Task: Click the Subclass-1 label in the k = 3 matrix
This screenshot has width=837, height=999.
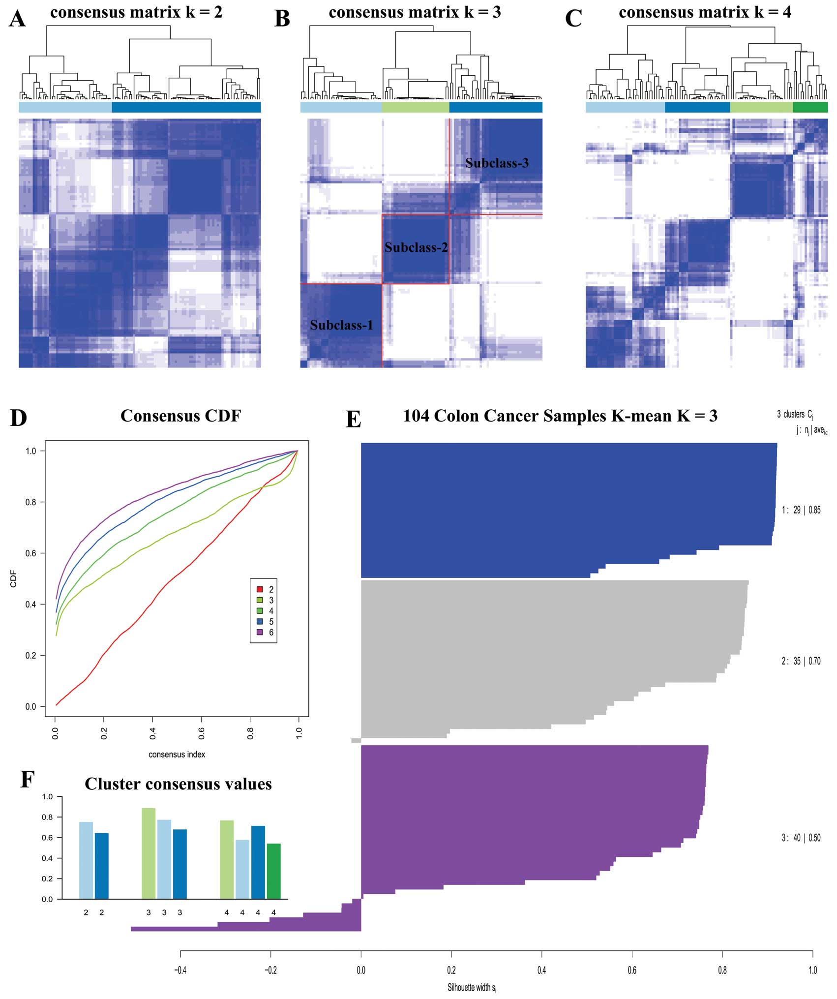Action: click(341, 325)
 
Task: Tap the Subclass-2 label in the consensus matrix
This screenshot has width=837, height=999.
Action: click(416, 247)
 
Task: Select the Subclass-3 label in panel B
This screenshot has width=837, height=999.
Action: click(497, 163)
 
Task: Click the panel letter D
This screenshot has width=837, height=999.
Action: click(18, 418)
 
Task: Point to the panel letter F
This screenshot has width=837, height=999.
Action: click(27, 780)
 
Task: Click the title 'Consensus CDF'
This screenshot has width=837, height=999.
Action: click(180, 416)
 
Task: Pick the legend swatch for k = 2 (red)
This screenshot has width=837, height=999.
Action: click(260, 589)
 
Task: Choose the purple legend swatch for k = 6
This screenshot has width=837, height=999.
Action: click(260, 632)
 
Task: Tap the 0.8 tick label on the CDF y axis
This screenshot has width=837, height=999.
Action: click(30, 502)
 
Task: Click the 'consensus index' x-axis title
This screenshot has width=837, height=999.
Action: click(177, 755)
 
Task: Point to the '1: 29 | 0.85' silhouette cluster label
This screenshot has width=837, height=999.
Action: click(801, 510)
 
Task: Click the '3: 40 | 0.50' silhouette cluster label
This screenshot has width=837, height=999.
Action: click(801, 838)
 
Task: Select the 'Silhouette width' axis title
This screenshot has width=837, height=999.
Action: click(472, 987)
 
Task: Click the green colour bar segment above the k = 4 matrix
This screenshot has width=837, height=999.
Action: click(810, 107)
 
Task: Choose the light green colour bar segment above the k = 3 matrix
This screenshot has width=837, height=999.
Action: click(416, 107)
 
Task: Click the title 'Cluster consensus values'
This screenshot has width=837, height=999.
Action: click(178, 784)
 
